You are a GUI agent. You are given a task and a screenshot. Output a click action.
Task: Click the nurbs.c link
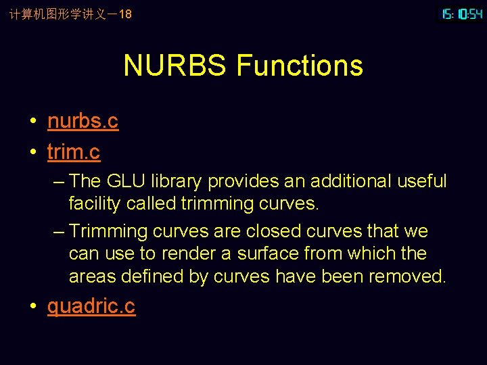83,121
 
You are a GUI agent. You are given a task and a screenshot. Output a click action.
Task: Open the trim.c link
74,152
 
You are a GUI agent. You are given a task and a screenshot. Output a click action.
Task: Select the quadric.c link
91,306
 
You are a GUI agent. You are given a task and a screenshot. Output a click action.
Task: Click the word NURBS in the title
175,66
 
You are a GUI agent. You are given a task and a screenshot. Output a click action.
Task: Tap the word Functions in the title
300,66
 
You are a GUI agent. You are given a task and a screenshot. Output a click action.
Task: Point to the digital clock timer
462,14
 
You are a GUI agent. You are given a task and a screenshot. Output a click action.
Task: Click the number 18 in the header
124,14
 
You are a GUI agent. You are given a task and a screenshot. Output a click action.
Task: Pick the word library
176,181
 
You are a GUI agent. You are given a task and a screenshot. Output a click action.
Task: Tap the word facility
92,203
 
